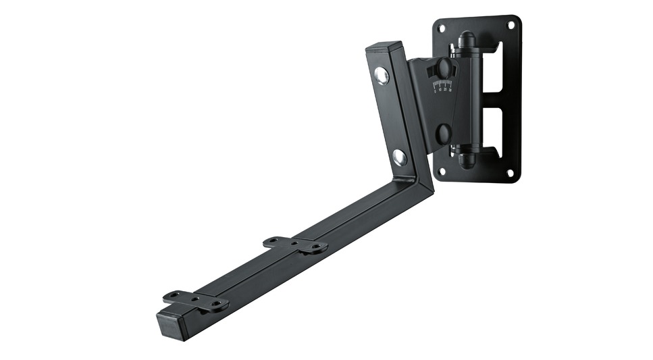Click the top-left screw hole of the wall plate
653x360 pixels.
pos(442,29)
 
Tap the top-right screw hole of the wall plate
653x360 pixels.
pos(511,25)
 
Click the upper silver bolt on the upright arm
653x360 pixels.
pos(382,75)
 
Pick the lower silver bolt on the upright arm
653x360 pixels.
pos(400,157)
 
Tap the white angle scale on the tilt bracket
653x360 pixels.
pos(442,86)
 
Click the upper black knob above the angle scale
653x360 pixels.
pos(444,68)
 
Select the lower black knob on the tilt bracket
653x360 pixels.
pos(444,133)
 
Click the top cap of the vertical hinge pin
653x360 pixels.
pos(467,38)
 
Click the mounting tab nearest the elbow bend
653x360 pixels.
pos(295,245)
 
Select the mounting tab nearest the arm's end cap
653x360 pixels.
pos(195,301)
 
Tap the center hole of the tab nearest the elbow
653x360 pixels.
pos(294,243)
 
